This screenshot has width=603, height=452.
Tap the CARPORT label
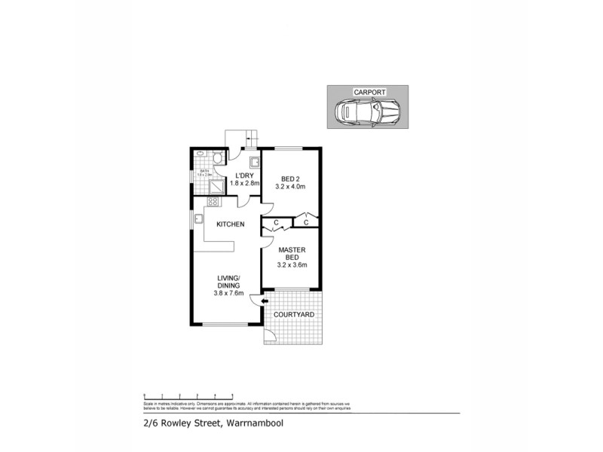pyautogui.click(x=369, y=92)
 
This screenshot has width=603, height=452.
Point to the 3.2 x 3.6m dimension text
pyautogui.click(x=291, y=265)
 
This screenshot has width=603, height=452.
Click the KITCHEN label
pyautogui.click(x=231, y=224)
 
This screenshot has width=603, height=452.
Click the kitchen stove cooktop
pyautogui.click(x=213, y=202)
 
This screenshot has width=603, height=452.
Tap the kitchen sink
pyautogui.click(x=198, y=219)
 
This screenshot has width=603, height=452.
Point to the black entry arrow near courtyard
pyautogui.click(x=264, y=302)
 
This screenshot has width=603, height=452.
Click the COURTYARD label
pyautogui.click(x=292, y=316)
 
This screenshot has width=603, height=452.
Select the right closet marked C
pyautogui.click(x=305, y=221)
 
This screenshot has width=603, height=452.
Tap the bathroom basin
pyautogui.click(x=200, y=154)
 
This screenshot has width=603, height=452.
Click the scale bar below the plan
pyautogui.click(x=188, y=395)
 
